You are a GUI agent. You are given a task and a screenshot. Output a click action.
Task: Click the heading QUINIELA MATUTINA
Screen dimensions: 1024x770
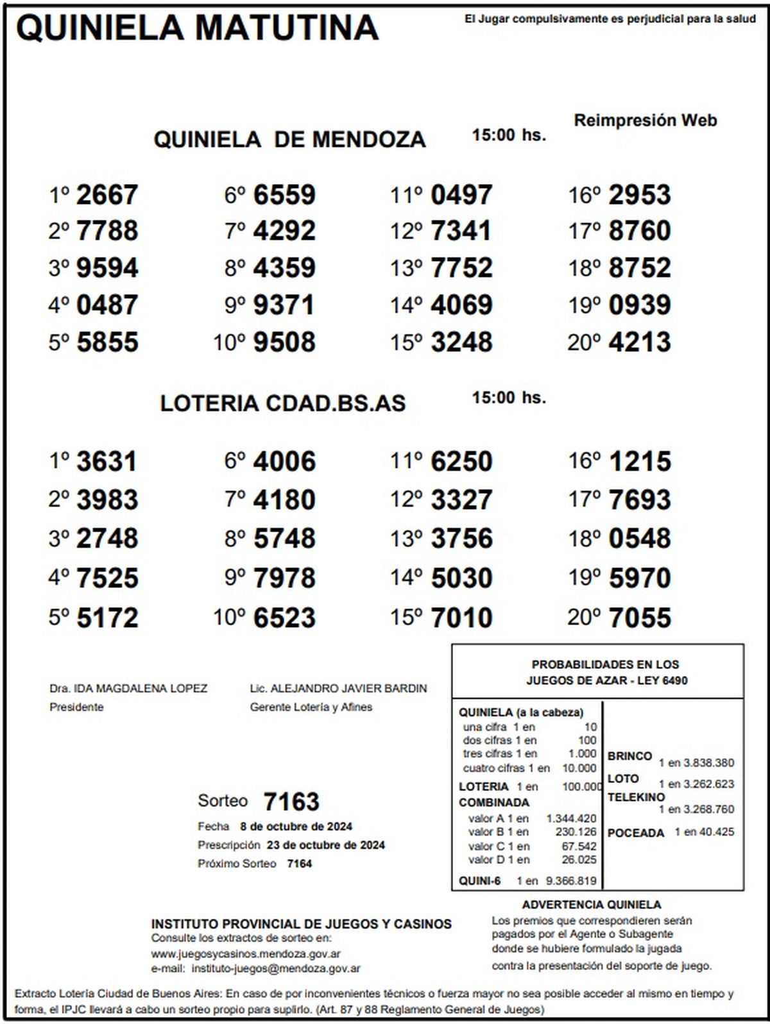click(x=197, y=28)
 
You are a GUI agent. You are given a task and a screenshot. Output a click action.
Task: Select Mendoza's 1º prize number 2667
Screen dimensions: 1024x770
click(x=107, y=195)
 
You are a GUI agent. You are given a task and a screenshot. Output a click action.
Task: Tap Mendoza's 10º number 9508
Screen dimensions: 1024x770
click(x=284, y=342)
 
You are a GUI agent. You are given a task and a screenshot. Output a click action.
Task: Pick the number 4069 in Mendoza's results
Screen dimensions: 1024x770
click(x=461, y=305)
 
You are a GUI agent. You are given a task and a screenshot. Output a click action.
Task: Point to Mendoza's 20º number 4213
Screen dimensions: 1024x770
click(x=639, y=342)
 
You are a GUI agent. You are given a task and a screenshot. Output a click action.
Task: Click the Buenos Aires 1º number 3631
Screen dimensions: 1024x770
click(x=107, y=462)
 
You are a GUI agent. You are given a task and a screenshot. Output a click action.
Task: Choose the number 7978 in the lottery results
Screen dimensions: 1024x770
click(x=284, y=578)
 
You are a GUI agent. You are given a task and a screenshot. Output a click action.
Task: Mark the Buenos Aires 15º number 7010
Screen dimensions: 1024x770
click(x=461, y=617)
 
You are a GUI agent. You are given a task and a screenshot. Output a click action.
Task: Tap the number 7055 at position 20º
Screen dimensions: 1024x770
click(x=639, y=617)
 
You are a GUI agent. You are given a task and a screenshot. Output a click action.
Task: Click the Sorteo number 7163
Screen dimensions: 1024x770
click(x=291, y=802)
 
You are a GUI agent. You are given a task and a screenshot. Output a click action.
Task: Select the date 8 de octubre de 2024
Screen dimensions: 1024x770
click(x=296, y=827)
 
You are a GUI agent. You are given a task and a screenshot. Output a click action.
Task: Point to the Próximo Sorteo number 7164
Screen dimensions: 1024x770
click(x=299, y=864)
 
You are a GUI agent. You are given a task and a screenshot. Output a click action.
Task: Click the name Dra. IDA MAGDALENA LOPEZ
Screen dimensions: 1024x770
click(x=128, y=689)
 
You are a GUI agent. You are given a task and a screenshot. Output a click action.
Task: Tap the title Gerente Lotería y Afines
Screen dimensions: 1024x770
click(x=311, y=707)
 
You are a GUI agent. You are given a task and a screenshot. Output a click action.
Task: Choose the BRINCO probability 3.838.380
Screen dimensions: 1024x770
click(x=708, y=763)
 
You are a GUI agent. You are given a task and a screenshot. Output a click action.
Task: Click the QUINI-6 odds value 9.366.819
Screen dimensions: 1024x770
click(x=570, y=881)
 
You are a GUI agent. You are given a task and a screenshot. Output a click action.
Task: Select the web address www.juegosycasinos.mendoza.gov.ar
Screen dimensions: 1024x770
click(x=246, y=954)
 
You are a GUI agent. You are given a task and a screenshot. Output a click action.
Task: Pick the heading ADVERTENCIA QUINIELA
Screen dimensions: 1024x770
click(x=591, y=905)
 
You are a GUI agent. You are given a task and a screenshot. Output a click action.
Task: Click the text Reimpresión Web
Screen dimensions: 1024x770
click(x=645, y=120)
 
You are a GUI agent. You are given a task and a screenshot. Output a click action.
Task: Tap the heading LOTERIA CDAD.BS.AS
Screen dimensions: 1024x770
click(x=283, y=403)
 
